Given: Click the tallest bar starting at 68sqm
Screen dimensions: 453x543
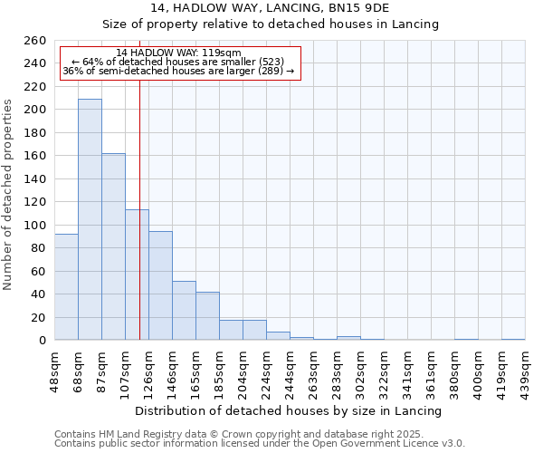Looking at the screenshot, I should (x=90, y=219).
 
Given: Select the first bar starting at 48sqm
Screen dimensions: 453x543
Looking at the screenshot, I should (x=66, y=287).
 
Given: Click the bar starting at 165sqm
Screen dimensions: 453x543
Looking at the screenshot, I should (x=207, y=316).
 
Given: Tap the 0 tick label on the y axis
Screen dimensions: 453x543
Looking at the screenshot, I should (x=43, y=341).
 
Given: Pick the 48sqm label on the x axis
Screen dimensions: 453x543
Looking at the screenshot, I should (x=54, y=370).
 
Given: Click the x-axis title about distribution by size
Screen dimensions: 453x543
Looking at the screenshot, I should (x=288, y=410).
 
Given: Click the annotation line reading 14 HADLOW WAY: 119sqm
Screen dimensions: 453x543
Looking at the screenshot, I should (x=178, y=53).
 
